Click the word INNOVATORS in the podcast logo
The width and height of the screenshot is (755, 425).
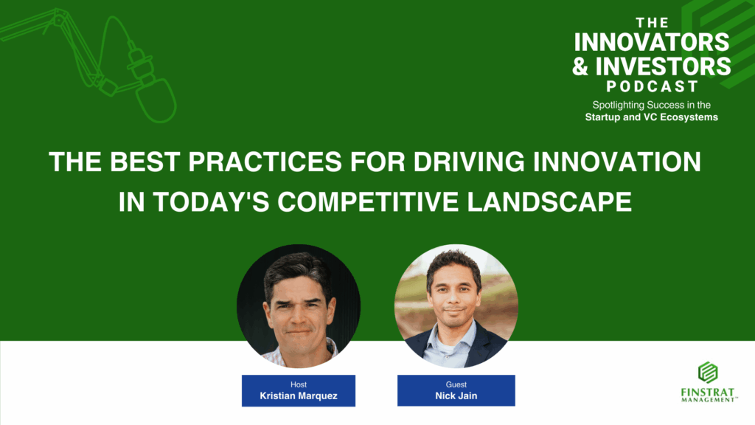[x=652, y=42]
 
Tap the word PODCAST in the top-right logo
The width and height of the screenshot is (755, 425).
[x=652, y=86]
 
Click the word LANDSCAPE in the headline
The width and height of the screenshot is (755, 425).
[x=549, y=201]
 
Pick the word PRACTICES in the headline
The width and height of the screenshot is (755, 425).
[x=265, y=162]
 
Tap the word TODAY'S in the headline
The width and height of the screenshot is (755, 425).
[x=211, y=201]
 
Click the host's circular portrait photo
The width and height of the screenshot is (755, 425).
[x=299, y=306]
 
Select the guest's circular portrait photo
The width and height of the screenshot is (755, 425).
[x=456, y=306]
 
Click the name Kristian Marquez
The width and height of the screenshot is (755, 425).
[x=299, y=395]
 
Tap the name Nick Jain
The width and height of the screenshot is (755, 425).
[x=456, y=395]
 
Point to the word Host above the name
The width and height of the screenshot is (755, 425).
[x=299, y=384]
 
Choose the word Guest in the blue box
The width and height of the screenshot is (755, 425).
[x=456, y=384]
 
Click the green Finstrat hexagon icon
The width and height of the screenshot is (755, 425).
[x=708, y=373]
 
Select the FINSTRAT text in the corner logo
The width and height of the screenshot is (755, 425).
[x=708, y=393]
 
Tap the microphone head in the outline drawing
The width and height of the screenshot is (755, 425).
[x=156, y=100]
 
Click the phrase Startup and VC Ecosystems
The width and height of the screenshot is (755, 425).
[x=652, y=117]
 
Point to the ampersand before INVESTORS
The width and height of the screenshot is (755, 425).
[x=580, y=66]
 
